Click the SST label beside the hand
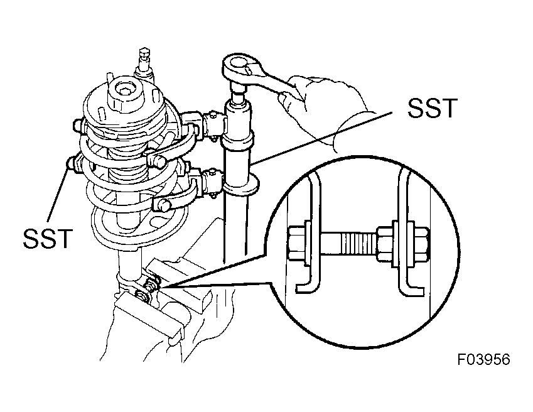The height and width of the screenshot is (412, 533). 432,109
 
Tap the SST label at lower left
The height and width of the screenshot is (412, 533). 48,238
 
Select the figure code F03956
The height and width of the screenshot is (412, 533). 483,359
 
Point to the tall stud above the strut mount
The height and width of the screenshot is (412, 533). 145,65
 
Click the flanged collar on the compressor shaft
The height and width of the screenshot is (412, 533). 240,186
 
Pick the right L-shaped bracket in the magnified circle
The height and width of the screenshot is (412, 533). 407,234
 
